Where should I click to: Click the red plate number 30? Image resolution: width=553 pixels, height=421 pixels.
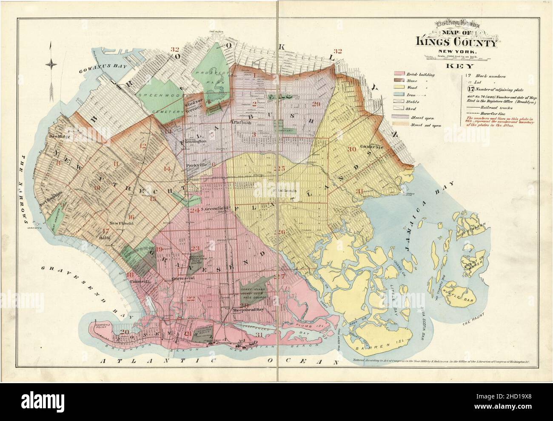pos(352,149)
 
